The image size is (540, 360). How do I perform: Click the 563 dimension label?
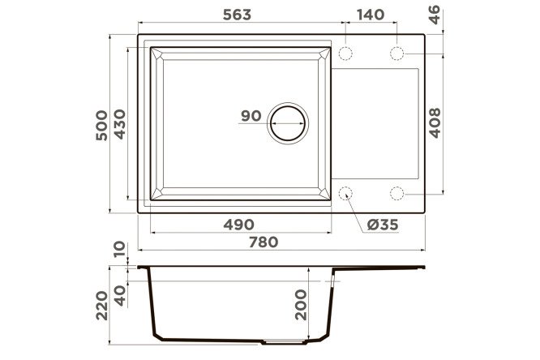click(x=237, y=15)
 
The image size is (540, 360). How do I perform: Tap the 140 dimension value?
click(x=371, y=15)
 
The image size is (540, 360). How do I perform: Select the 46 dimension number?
click(x=435, y=15)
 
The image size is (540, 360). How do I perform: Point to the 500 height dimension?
click(x=101, y=125)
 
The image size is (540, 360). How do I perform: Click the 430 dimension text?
click(x=120, y=124)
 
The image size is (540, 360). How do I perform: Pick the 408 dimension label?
click(x=435, y=123)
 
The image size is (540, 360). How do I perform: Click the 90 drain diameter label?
click(x=251, y=116)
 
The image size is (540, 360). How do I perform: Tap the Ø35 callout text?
click(x=383, y=225)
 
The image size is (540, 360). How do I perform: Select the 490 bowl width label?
click(x=238, y=225)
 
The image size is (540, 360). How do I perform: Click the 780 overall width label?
click(x=264, y=242)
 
